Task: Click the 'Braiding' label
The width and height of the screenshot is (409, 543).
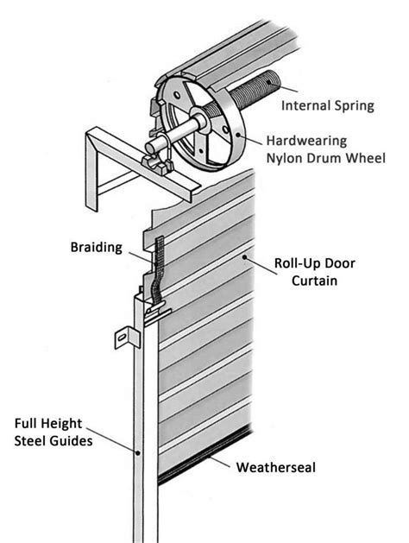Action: [x=96, y=247]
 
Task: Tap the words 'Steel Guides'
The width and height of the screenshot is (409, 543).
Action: [x=55, y=441]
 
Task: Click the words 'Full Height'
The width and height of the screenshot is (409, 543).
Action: [x=54, y=424]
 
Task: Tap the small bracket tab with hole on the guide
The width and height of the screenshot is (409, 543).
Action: [x=123, y=336]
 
